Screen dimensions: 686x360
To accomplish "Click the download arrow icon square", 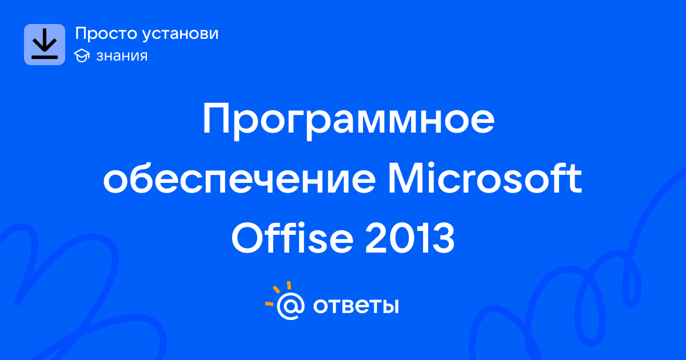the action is (45, 45).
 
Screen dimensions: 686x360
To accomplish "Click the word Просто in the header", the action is (106, 34).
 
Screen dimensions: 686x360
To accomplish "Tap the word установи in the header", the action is (181, 34).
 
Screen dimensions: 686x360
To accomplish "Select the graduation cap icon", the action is (82, 56).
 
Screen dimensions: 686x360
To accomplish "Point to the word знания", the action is (122, 56).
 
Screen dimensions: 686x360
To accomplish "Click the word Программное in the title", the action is (349, 121).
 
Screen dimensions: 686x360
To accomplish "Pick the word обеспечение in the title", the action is (240, 178).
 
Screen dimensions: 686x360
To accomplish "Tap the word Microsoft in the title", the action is (485, 178).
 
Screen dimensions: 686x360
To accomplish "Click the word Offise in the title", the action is (293, 238).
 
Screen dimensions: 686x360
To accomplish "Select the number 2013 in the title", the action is (410, 238).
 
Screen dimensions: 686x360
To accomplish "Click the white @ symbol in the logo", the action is (290, 306).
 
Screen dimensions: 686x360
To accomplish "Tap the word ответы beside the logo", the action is (356, 306).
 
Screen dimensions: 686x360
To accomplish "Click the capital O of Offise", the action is (248, 238).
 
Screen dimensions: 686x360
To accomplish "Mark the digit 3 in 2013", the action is (443, 238).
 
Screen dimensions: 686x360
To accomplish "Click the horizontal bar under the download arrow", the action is (45, 57).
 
